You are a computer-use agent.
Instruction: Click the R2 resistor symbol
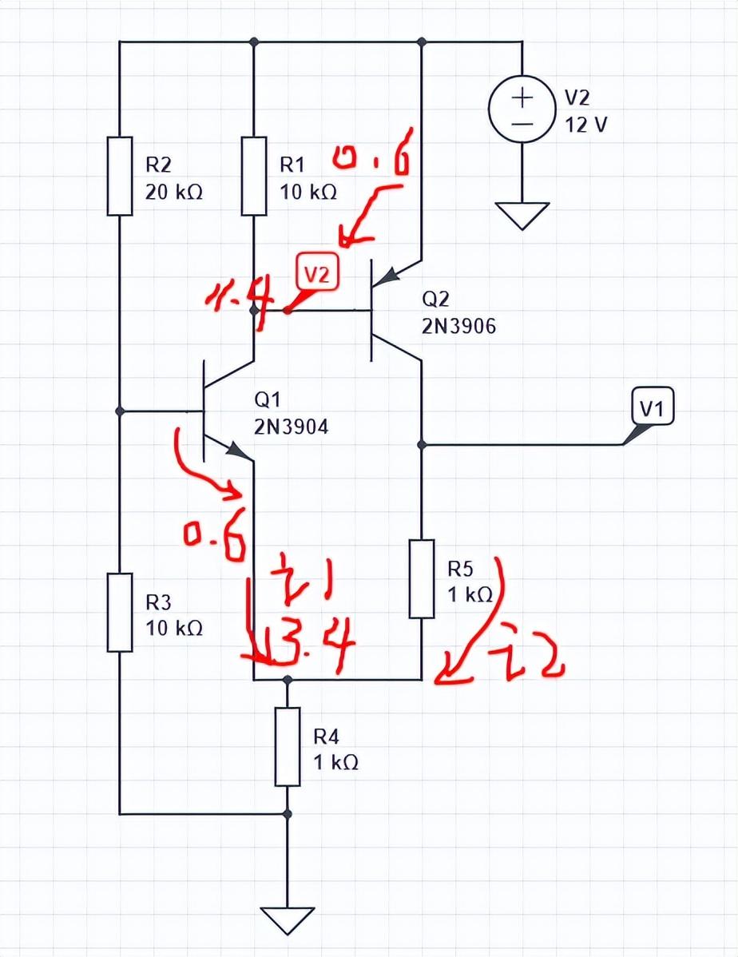120,176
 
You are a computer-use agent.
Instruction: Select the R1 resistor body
253,176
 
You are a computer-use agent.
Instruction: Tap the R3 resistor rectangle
120,612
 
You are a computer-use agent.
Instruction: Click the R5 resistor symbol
422,578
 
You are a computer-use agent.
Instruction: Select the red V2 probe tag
318,274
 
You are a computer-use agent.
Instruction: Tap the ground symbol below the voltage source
522,215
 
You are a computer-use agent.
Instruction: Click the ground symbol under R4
288,919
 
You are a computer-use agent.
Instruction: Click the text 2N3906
458,327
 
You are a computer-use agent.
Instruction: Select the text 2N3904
291,427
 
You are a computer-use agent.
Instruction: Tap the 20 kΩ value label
175,193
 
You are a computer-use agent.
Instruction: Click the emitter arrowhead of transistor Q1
237,451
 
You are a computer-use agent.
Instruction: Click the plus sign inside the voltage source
522,98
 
